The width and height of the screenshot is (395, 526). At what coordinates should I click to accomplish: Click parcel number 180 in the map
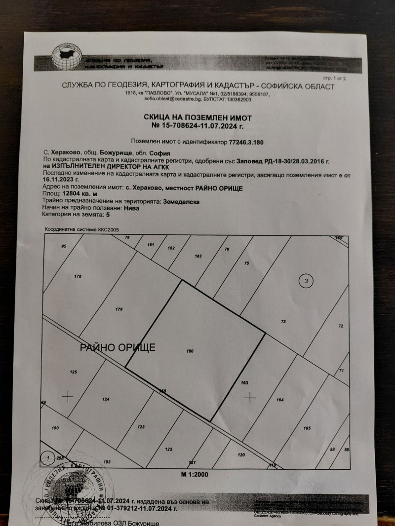(x=190, y=351)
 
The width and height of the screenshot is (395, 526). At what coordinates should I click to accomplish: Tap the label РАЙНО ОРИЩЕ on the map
(x=118, y=348)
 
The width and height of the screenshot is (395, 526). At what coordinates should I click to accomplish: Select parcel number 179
(x=118, y=309)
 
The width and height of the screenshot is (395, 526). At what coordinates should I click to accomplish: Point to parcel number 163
(x=243, y=383)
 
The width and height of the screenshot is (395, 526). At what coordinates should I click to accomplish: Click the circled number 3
(x=307, y=281)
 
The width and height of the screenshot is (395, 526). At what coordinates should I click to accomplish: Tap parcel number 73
(x=283, y=322)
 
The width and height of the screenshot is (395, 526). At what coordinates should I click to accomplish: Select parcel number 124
(x=105, y=400)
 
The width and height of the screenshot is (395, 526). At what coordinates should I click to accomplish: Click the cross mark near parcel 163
(x=251, y=397)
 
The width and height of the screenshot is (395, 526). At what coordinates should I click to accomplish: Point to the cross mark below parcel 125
(x=68, y=396)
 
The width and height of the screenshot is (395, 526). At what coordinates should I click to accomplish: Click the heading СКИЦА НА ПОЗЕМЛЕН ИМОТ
(x=197, y=118)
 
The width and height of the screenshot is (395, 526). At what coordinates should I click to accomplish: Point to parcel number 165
(x=307, y=428)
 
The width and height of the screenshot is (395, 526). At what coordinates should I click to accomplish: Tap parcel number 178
(x=78, y=276)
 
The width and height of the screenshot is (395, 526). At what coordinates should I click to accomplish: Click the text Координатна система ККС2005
(x=81, y=229)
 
